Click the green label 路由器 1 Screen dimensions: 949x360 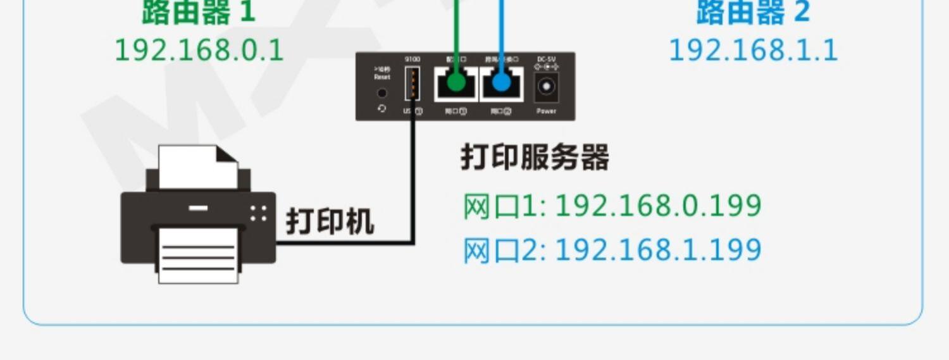[x=198, y=12]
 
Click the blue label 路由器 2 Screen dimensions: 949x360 [x=753, y=12]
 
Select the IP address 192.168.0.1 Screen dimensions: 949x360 [x=199, y=51]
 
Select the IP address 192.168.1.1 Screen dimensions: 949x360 [x=753, y=51]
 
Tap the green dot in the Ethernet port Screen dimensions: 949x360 [x=455, y=82]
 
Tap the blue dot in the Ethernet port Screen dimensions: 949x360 [x=501, y=82]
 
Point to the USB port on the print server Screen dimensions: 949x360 [x=412, y=84]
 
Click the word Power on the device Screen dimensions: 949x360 [x=546, y=111]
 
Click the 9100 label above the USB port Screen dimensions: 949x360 [x=412, y=59]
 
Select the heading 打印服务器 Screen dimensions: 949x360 [x=535, y=158]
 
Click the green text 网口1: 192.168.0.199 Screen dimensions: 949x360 [x=612, y=206]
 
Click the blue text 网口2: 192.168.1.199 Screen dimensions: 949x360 [x=612, y=251]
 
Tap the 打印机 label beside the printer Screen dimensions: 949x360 [x=330, y=221]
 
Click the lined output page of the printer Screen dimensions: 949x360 [x=198, y=256]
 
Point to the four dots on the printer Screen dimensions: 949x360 [x=258, y=213]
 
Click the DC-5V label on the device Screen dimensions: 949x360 [x=546, y=59]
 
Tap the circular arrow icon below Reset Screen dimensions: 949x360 [x=381, y=109]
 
